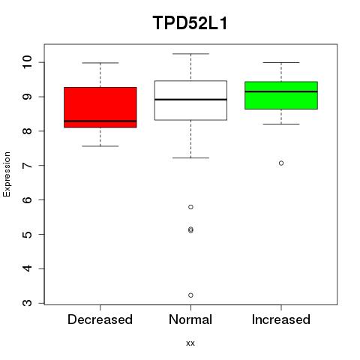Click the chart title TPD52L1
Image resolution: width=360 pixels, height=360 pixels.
coord(190,23)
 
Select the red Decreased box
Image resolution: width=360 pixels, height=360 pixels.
coord(100,107)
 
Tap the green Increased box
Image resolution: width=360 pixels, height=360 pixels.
coord(281,95)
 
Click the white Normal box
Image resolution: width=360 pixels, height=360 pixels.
coord(190,100)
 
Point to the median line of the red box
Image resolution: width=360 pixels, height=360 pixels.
coord(100,121)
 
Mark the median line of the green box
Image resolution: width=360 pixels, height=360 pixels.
coord(281,91)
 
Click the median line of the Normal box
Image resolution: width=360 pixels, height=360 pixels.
coord(190,100)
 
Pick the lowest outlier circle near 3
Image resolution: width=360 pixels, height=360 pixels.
coord(190,295)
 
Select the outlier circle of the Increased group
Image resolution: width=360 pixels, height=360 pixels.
coord(281,163)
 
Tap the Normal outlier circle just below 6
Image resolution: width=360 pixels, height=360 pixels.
coord(190,207)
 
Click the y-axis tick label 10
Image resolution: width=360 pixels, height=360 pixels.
coord(28,62)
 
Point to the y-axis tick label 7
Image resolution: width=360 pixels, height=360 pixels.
coord(28,165)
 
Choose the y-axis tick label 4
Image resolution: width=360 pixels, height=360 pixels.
coord(28,268)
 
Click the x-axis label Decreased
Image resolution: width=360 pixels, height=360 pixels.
coord(100,319)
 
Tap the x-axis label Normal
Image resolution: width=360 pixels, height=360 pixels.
coord(190,319)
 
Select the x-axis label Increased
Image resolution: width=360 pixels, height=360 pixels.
coord(281,319)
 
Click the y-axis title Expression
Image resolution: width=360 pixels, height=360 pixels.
coord(7,174)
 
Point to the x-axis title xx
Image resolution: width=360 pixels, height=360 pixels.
coord(190,343)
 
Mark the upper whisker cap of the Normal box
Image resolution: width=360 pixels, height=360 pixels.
coord(190,54)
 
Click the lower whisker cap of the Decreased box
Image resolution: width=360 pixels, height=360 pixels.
coord(100,146)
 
